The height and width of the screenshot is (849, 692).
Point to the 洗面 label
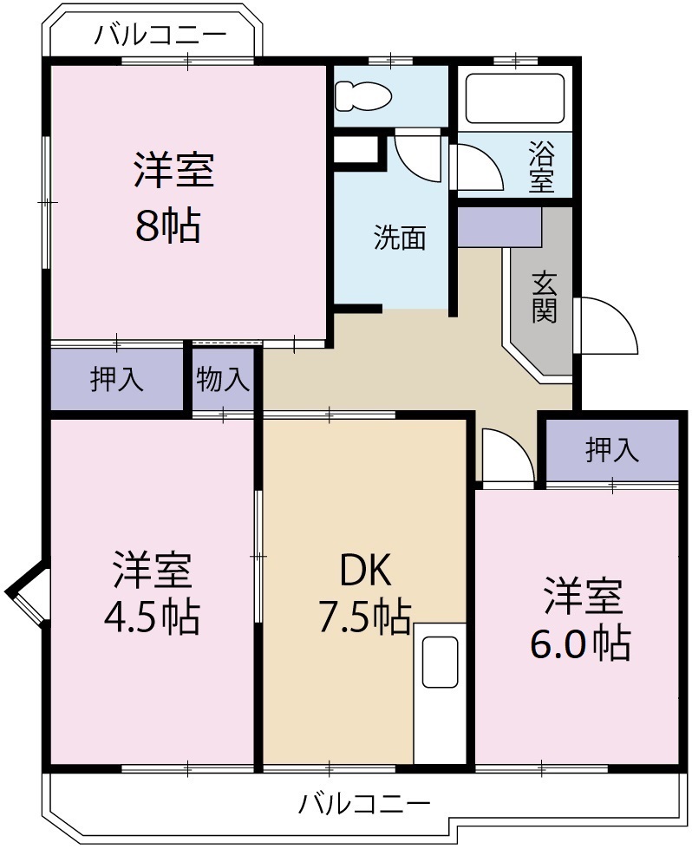(400, 238)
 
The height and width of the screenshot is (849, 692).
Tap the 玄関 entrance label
(544, 298)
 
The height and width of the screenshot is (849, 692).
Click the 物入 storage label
(223, 380)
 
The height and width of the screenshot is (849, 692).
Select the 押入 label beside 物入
(117, 380)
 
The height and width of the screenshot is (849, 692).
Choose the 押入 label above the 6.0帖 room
(612, 450)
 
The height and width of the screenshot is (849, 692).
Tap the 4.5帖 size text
(152, 617)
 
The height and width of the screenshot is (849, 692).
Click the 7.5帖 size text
(363, 617)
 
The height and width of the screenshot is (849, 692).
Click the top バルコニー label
(160, 36)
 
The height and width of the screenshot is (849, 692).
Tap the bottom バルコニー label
(364, 803)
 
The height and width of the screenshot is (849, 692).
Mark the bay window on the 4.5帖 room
(28, 593)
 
